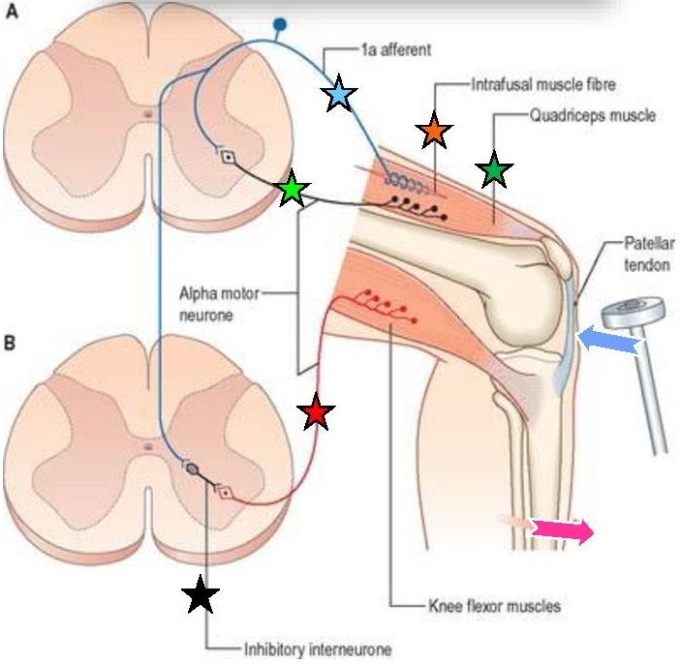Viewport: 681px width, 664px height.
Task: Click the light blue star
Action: pos(339,94)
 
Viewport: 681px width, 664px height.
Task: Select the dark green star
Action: pos(495,170)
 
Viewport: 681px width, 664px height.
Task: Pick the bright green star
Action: pos(293,191)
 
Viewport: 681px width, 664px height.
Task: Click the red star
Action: pos(316,414)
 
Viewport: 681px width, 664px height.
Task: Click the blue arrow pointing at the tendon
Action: pos(607,341)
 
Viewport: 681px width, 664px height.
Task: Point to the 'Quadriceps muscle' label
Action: pos(593,115)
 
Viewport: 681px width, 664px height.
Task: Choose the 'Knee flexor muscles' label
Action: pos(493,608)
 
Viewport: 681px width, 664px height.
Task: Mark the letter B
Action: pos(13,342)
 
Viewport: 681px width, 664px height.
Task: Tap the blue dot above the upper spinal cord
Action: pos(281,23)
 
